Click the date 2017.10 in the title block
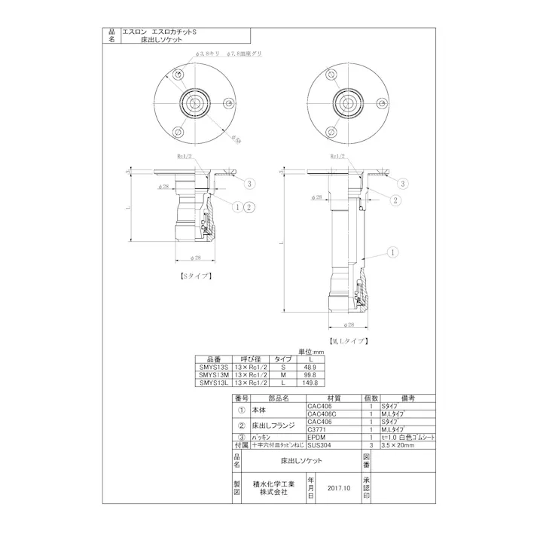click(340, 487)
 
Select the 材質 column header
click(334, 398)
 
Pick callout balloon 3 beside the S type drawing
click(250, 183)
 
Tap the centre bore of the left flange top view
click(194, 102)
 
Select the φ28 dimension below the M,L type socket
click(348, 325)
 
